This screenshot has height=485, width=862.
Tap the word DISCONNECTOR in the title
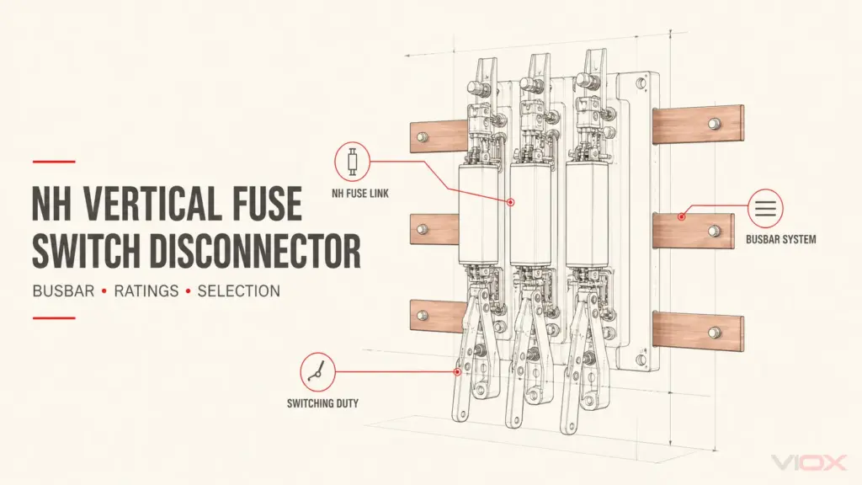(x=255, y=251)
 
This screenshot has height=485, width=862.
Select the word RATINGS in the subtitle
(x=146, y=290)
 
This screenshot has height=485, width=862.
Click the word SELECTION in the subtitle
(x=238, y=290)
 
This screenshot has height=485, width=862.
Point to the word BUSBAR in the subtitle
(x=63, y=290)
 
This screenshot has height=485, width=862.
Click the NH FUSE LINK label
(x=360, y=194)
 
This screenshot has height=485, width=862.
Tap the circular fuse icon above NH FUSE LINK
(x=352, y=162)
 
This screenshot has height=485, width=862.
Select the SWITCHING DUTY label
(x=322, y=403)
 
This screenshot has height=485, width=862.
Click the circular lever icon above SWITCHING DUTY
(x=317, y=371)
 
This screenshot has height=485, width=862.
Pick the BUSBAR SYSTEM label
(x=780, y=240)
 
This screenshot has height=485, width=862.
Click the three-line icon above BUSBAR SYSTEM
(x=765, y=209)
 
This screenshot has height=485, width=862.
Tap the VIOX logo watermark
(x=808, y=463)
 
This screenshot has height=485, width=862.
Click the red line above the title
(x=54, y=162)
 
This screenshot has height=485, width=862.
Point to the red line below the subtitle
(x=54, y=317)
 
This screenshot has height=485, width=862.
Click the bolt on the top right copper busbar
(x=714, y=123)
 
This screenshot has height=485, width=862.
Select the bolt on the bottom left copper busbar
(x=423, y=316)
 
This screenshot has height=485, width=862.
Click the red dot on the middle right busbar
(x=682, y=216)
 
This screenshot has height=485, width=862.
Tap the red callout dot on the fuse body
(x=511, y=202)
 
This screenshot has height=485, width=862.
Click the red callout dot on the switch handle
(x=457, y=371)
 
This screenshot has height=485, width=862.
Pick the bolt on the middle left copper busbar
(x=423, y=229)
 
